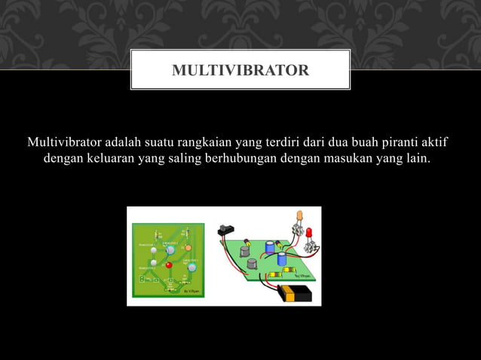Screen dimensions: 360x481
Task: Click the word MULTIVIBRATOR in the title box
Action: (x=240, y=71)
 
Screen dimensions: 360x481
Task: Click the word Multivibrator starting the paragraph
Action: (x=64, y=142)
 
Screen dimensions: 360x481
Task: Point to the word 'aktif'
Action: (x=438, y=142)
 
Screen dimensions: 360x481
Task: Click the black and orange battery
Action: (x=295, y=293)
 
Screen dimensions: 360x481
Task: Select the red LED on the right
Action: (x=308, y=232)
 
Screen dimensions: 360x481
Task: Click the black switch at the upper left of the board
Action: (x=227, y=229)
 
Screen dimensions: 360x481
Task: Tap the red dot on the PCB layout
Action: (x=169, y=264)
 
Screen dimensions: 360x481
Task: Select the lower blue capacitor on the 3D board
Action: (x=281, y=259)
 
